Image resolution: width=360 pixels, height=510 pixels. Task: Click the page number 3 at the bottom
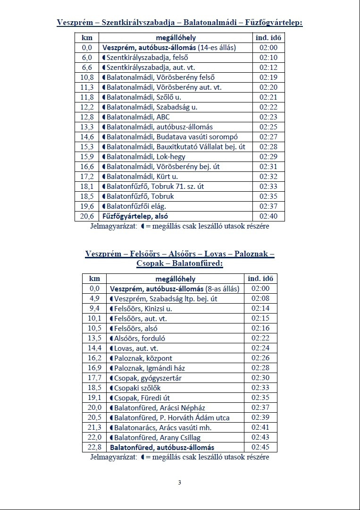(179, 482)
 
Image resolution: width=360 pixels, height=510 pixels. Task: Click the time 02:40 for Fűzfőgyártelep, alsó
(268, 216)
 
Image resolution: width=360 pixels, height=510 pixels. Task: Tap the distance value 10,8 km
(87, 77)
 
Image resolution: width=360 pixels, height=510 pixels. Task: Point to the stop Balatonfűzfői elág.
(136, 206)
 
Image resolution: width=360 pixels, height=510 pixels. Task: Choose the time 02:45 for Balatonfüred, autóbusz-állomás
(260, 447)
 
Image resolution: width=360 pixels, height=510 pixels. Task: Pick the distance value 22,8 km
(94, 447)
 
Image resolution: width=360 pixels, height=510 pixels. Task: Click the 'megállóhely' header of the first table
(176, 38)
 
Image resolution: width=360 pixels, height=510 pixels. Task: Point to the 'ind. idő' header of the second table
(260, 279)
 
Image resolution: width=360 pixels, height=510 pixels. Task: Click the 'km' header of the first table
(87, 38)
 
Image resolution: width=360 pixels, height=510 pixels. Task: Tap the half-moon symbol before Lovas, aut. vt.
(112, 348)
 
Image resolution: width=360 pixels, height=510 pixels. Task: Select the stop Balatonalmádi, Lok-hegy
(146, 157)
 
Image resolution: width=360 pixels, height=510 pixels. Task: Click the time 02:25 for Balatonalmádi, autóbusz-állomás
(268, 127)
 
